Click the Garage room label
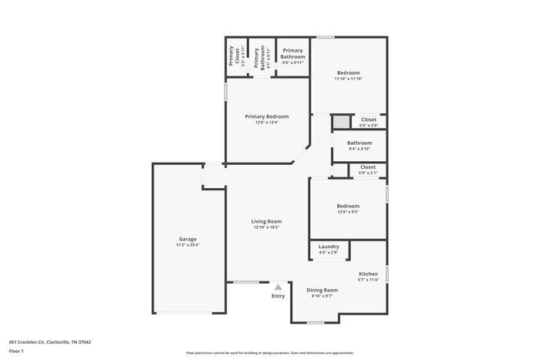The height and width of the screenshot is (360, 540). (187, 239)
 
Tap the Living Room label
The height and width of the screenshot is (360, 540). (265, 221)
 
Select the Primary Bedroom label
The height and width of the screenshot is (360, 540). (266, 116)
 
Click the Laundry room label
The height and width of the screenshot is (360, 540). (329, 247)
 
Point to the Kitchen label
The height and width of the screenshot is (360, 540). (368, 274)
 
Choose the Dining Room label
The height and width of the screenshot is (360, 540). (322, 290)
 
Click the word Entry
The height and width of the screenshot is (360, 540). (278, 296)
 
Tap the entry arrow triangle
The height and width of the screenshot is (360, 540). (278, 286)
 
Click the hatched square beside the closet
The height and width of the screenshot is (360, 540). (340, 122)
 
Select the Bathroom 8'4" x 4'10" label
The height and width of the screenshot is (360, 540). (359, 143)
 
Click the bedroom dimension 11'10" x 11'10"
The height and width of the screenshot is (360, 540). (348, 79)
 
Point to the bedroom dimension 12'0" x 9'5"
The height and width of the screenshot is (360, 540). (348, 212)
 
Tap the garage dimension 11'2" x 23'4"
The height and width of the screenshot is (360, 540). (187, 245)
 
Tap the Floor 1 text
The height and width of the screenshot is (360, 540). (16, 351)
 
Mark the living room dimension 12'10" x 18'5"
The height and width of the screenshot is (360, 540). (265, 227)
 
